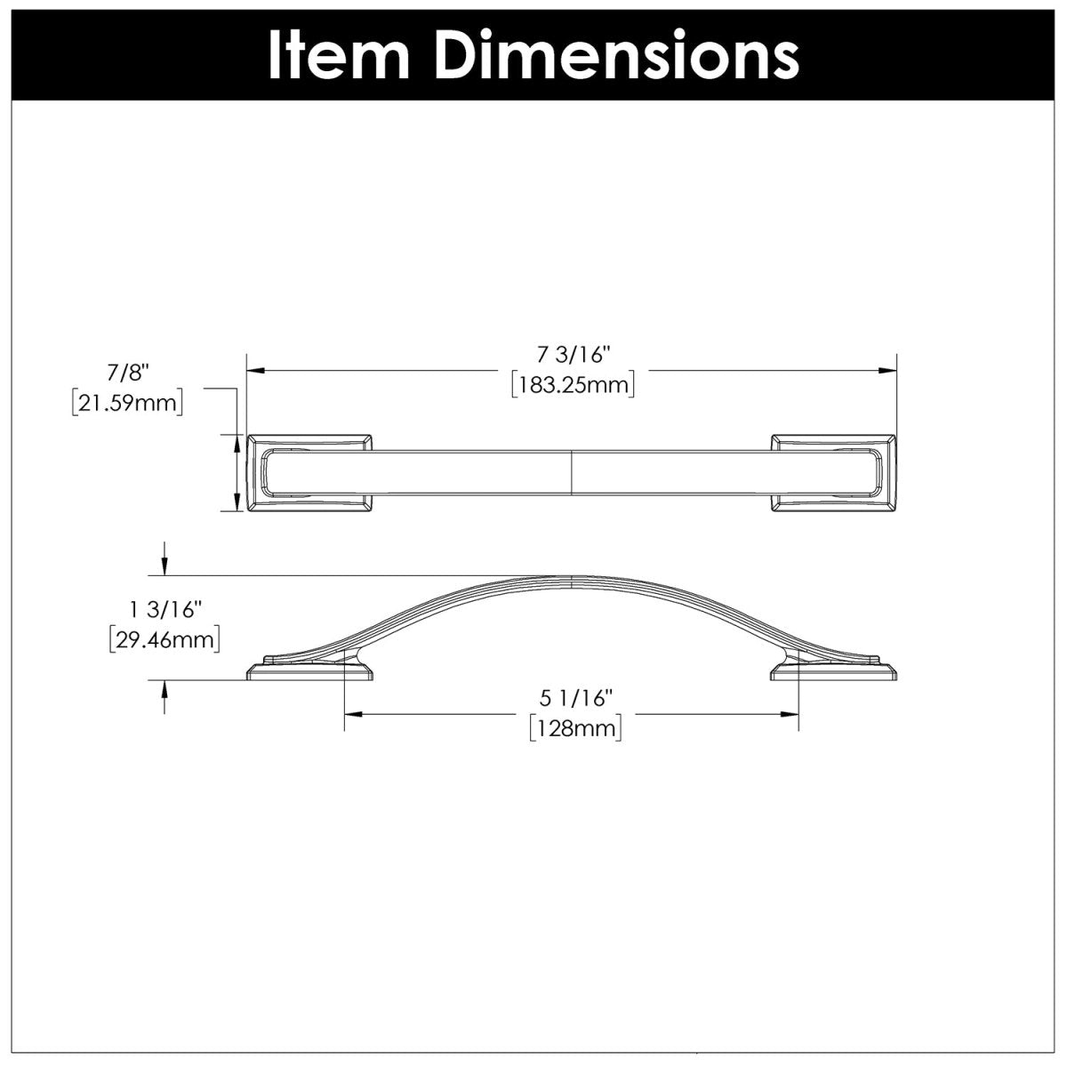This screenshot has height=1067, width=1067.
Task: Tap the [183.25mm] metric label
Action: point(573,385)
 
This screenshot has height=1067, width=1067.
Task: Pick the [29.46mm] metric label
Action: point(164,639)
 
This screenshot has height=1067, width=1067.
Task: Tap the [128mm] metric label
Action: point(574,729)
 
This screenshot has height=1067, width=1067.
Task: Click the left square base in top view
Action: point(309,473)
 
